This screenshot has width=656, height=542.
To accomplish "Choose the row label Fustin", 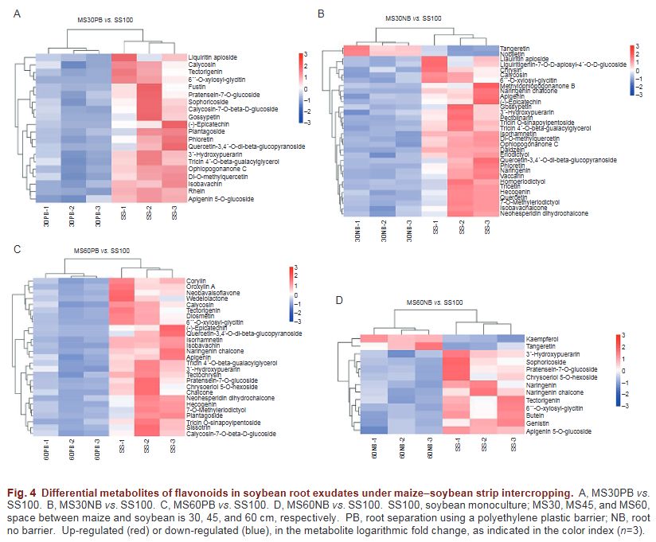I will click(x=197, y=87).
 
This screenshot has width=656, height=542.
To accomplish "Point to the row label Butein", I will click(x=535, y=416).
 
